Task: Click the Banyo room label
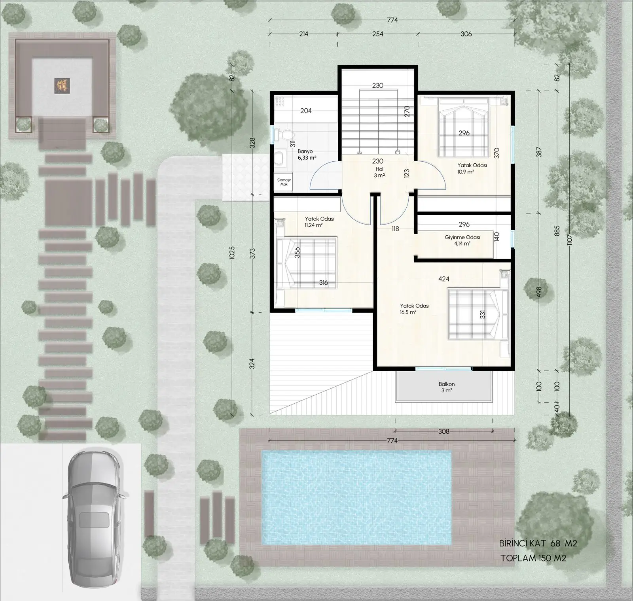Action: coord(305,151)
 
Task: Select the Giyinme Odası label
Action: coord(462,237)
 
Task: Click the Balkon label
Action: coord(447,384)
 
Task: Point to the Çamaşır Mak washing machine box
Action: coord(284,182)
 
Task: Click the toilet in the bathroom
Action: coord(284,135)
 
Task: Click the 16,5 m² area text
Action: coord(408,312)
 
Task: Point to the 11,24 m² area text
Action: coord(314,225)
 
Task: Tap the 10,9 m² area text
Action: coord(466,172)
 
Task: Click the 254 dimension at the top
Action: coord(378,34)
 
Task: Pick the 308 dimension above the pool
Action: coord(444,431)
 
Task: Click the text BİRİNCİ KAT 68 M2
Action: coord(538,544)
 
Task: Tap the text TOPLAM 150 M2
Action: coord(533,558)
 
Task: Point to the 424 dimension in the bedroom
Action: coord(444,279)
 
